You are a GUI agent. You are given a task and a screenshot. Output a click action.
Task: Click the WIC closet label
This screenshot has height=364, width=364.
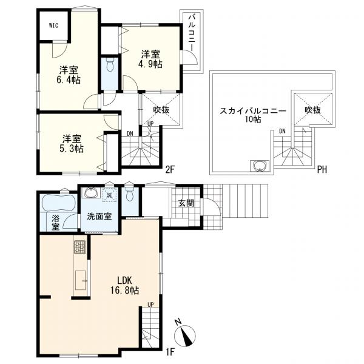pyautogui.click(x=53, y=25)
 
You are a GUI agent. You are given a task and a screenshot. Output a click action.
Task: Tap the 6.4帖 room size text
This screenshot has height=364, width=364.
pyautogui.click(x=69, y=80)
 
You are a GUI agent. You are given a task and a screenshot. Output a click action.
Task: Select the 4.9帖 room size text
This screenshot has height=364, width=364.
pyautogui.click(x=150, y=64)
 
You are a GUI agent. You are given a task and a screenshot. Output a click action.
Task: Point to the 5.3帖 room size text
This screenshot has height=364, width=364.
pyautogui.click(x=72, y=149)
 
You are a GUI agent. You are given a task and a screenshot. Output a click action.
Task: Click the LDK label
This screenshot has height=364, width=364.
pyautogui.click(x=124, y=281)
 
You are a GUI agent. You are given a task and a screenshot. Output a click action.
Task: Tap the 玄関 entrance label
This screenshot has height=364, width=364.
pyautogui.click(x=186, y=203)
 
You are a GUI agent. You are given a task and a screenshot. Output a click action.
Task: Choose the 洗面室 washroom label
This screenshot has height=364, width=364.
pyautogui.click(x=99, y=217)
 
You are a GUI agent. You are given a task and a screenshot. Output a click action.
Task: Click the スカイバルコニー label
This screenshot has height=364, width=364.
pyautogui.click(x=253, y=111)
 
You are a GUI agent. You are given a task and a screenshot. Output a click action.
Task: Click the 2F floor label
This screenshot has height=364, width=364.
pyautogui.click(x=169, y=169)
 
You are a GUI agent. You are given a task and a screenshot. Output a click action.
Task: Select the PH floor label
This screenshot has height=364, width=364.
pyautogui.click(x=322, y=170)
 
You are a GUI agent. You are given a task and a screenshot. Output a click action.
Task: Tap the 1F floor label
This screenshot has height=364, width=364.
pyautogui.click(x=170, y=352)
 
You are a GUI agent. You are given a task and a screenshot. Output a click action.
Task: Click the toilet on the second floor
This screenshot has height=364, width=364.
pyautogui.click(x=110, y=64)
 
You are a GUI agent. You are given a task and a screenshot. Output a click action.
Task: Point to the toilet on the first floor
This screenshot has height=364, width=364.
pyautogui.click(x=130, y=194)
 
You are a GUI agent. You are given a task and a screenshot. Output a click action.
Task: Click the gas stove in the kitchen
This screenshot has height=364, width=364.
pyautogui.click(x=80, y=247)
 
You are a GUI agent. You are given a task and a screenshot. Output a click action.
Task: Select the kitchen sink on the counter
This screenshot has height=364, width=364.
pyautogui.click(x=80, y=280)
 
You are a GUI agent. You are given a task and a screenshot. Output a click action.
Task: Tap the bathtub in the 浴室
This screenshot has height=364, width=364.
pyautogui.click(x=58, y=203)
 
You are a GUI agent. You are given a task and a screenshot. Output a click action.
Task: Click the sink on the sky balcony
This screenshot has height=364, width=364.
pyautogui.click(x=260, y=166)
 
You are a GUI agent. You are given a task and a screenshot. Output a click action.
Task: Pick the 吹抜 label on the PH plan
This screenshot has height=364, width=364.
pyautogui.click(x=312, y=110)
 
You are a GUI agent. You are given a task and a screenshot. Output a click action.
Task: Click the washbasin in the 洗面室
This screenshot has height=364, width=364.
pyautogui.click(x=92, y=193)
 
